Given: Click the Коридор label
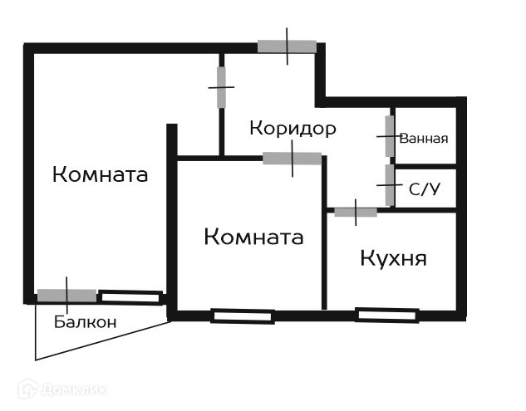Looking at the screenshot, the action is (292, 129).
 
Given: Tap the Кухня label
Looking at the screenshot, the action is (393, 258).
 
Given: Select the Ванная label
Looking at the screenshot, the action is (424, 139).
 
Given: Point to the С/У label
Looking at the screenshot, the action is (424, 188).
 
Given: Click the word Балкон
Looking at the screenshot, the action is (86, 322).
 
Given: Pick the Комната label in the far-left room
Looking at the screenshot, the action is (100, 175).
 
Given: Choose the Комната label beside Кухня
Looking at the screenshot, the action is (253, 237).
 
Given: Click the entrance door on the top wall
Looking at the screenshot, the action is (287, 46).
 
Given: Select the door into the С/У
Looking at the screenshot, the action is (389, 184).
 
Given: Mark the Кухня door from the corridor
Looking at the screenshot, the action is (356, 212).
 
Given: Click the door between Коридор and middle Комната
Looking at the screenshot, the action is (292, 158).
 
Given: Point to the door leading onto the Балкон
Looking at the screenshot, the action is (66, 295).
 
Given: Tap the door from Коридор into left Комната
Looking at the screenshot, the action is (222, 87).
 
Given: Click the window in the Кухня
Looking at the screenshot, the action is (386, 315).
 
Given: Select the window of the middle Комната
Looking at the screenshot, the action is (242, 316).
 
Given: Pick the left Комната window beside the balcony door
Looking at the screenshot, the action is (130, 296).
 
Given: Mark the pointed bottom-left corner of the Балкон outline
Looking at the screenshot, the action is (36, 360).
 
